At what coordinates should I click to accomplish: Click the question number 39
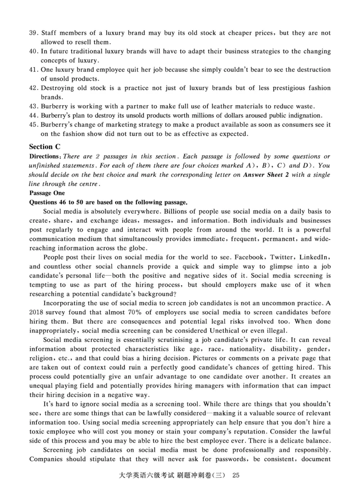[x=33, y=33]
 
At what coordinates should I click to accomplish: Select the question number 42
[x=33, y=88]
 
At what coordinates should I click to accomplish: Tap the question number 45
[x=33, y=125]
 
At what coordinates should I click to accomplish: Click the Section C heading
[x=44, y=147]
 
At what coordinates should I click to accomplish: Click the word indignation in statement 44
[x=310, y=116]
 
